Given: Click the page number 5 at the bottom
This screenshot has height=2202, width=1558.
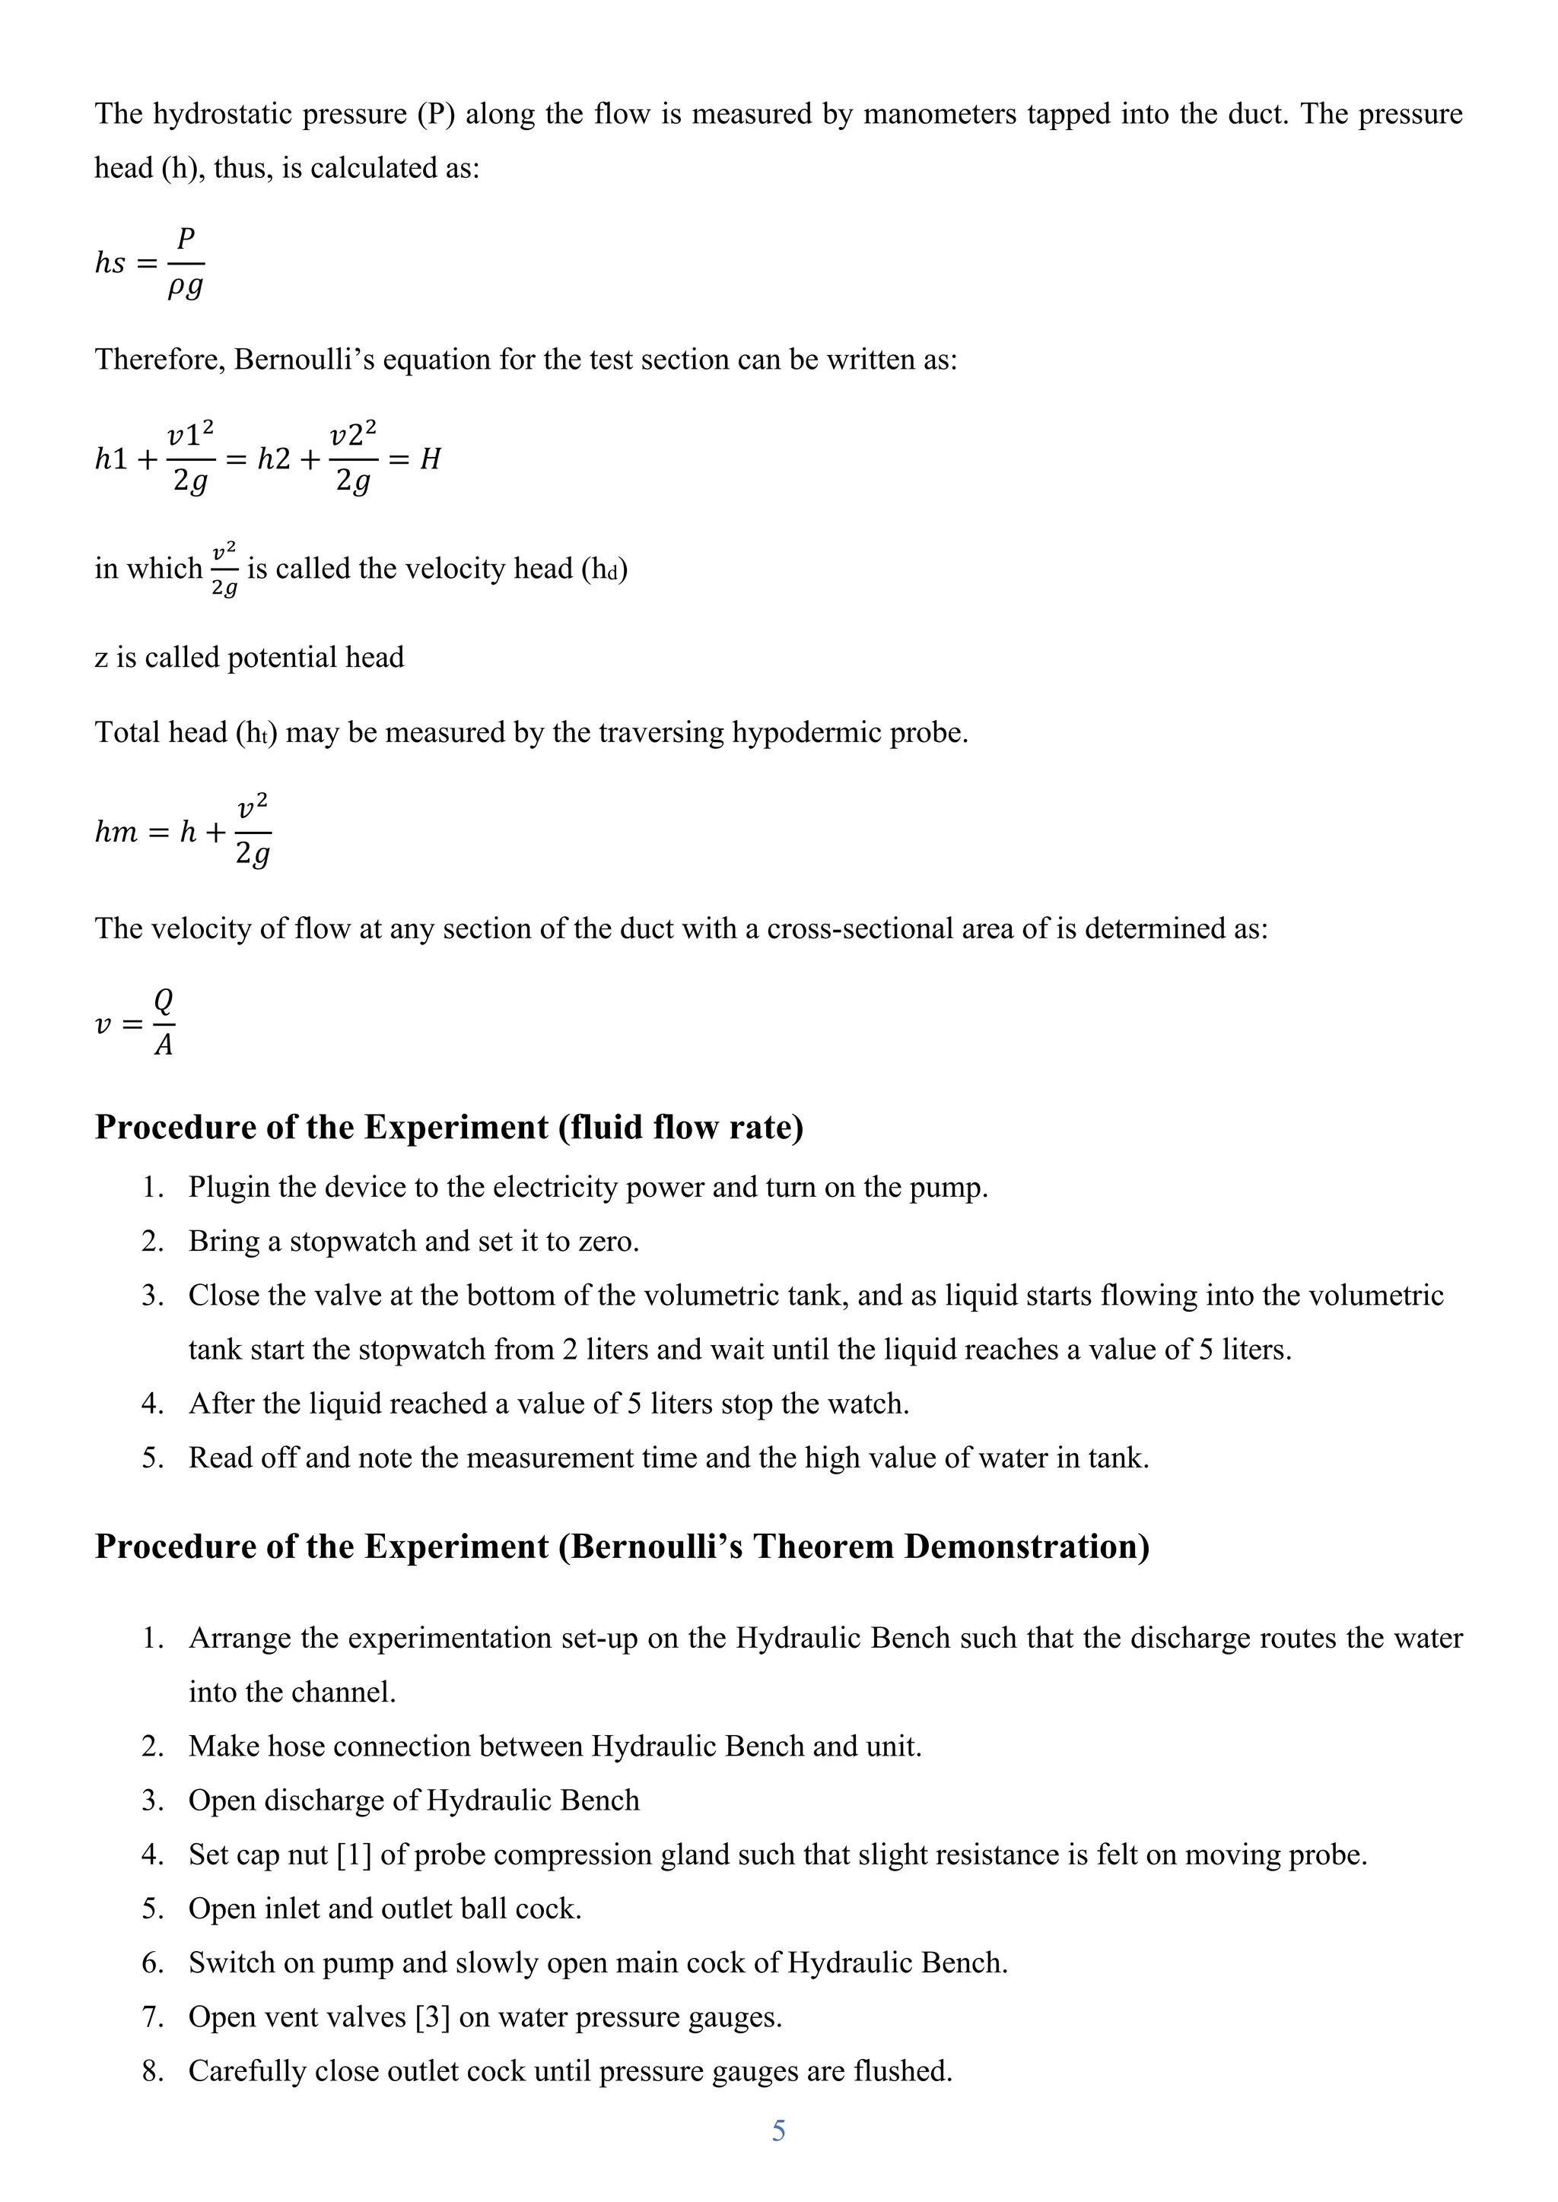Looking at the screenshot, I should pos(778,2131).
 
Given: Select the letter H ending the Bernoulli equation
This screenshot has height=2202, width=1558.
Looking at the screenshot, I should pos(431,459).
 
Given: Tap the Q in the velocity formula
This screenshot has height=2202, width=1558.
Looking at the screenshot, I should pos(164,1001).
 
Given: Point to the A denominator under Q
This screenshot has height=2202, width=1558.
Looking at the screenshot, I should pos(164,1045).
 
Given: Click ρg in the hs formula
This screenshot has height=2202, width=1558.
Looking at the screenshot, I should pos(185,287).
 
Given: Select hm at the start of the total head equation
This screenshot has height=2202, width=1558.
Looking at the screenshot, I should pos(116,832).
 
